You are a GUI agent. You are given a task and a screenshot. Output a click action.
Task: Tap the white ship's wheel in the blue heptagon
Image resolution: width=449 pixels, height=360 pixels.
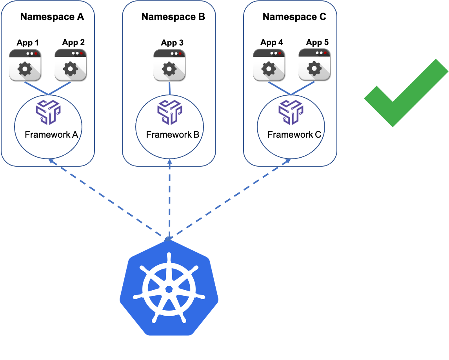click(x=169, y=289)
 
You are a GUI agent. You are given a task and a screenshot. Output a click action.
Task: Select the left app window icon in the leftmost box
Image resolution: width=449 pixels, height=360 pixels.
click(x=25, y=65)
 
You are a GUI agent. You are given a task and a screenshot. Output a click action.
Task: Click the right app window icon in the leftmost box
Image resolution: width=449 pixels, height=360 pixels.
click(x=70, y=65)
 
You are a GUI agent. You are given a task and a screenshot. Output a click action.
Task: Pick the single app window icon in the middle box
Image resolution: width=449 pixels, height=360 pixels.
click(x=169, y=65)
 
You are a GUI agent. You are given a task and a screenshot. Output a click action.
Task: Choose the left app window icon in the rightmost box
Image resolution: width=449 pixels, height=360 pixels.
click(x=269, y=65)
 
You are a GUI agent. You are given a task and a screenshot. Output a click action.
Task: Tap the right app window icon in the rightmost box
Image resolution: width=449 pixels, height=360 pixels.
click(x=314, y=64)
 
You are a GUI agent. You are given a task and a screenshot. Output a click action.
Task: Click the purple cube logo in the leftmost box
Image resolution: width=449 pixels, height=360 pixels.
click(x=48, y=112)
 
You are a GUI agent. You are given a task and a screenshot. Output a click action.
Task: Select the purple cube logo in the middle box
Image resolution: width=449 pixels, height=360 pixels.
click(x=170, y=112)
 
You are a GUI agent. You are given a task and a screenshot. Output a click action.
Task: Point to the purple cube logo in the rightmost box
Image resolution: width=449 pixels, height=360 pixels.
click(x=291, y=112)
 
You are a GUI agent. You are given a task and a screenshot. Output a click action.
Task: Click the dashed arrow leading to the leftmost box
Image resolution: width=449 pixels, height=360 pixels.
click(x=106, y=198)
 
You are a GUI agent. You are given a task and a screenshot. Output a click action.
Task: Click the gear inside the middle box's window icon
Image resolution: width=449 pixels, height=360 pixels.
click(x=169, y=69)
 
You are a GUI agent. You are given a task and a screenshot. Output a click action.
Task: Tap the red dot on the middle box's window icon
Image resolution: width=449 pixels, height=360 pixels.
click(x=180, y=53)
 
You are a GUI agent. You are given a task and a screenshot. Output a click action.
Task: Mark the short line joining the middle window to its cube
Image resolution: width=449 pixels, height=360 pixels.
click(x=169, y=88)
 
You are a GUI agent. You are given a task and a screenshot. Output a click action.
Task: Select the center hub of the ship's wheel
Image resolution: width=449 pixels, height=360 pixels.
click(x=169, y=289)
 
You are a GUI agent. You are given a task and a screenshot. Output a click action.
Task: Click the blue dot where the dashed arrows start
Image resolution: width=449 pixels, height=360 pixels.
click(x=168, y=238)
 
